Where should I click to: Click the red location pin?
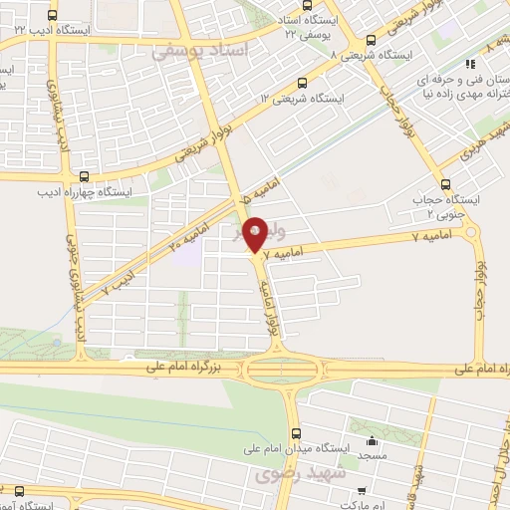pyautogui.click(x=255, y=233)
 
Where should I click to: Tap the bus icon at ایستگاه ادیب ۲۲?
pyautogui.click(x=53, y=14)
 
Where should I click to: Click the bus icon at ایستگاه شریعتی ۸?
pyautogui.click(x=371, y=41)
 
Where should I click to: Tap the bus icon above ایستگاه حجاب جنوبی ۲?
pyautogui.click(x=445, y=184)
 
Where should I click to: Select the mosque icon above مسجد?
pyautogui.click(x=373, y=440)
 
